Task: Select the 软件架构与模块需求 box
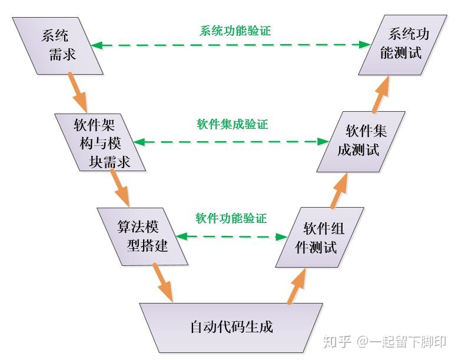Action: tap(101, 142)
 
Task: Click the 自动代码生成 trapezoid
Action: tap(231, 326)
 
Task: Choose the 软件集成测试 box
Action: tap(360, 141)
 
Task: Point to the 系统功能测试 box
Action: tap(403, 44)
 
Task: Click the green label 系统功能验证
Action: tap(235, 31)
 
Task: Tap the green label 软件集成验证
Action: tap(232, 125)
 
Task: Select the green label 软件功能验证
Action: tap(231, 219)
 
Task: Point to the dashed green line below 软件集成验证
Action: tap(231, 142)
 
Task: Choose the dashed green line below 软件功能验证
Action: tap(231, 236)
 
